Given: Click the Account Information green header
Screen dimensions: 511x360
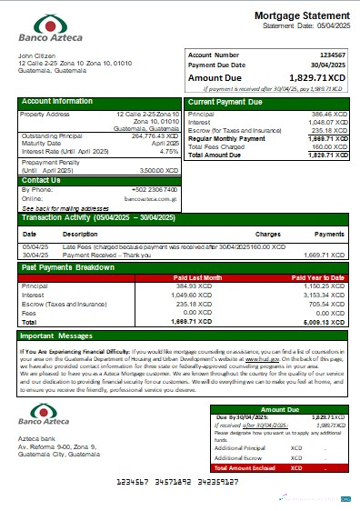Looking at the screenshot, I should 57,101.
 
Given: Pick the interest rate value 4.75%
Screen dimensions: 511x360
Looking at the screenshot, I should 168,152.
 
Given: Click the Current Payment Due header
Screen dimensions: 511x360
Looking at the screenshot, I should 225,102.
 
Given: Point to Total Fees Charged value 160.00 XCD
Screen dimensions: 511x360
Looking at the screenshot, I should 329,146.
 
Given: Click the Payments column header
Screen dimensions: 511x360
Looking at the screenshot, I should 328,234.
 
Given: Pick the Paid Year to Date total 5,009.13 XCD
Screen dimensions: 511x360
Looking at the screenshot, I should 325,322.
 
